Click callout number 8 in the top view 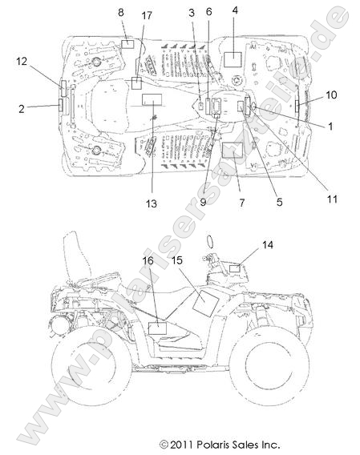point(120,13)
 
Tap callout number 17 point(147,15)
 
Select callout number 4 point(235,10)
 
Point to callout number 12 point(22,61)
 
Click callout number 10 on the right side point(331,95)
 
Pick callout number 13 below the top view point(151,203)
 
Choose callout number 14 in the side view point(268,245)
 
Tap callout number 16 point(148,260)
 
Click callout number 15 point(176,260)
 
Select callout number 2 point(22,109)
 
